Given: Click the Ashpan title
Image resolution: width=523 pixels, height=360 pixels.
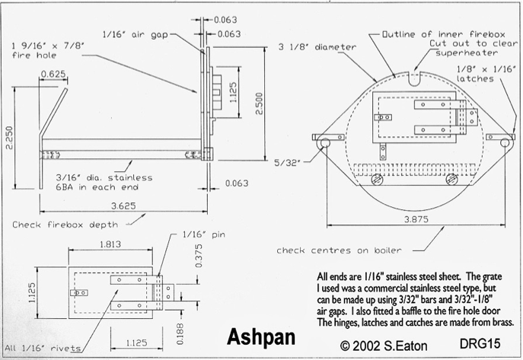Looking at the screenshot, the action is [261, 337].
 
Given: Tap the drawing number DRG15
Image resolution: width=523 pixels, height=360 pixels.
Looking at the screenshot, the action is [480, 344].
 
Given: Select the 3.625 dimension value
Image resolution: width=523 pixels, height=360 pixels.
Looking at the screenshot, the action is [123, 206].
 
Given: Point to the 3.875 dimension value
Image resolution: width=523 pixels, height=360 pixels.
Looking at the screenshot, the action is [416, 220].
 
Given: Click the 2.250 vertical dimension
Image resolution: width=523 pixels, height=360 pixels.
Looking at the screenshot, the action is [9, 138].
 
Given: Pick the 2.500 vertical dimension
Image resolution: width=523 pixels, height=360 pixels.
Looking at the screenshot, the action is [259, 104].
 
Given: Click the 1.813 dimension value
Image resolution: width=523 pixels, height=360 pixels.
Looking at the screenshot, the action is [110, 244].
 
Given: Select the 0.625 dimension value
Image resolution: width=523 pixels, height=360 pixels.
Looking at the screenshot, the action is [53, 74].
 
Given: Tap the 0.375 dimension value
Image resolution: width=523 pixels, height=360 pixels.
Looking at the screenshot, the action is [199, 256].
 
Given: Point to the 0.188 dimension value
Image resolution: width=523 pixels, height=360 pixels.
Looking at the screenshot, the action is [180, 333].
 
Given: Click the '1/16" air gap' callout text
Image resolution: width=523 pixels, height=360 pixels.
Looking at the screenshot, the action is [135, 35].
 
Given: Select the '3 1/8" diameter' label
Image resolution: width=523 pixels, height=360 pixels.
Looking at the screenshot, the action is [317, 47].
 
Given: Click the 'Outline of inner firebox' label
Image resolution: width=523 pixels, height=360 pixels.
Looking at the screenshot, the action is [444, 34].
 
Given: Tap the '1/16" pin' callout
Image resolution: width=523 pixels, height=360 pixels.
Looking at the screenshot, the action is [204, 234].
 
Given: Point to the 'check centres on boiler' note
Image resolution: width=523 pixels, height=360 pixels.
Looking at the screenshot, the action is [339, 250].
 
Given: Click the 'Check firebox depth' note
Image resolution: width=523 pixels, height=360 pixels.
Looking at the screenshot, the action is [65, 225].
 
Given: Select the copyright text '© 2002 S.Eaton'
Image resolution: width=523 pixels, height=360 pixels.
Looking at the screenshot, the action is [384, 346].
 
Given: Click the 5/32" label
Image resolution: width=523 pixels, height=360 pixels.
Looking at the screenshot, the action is [288, 163].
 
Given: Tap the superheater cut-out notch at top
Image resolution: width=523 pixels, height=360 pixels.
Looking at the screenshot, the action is [415, 79].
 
